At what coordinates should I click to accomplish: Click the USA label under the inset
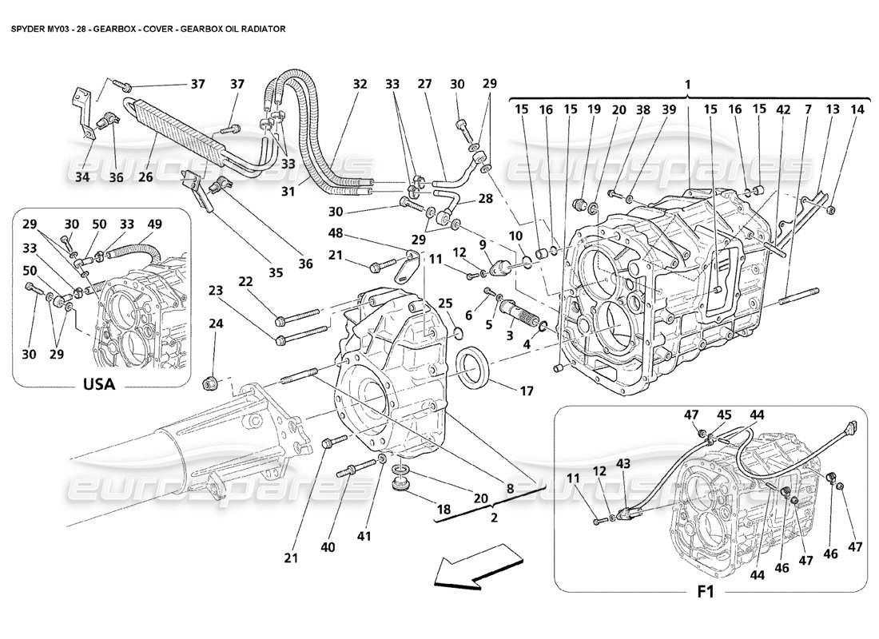coord(99,384)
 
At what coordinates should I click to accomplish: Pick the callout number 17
coord(527,392)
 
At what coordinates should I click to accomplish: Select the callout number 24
coord(215,323)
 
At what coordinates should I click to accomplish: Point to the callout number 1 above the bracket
coord(687,84)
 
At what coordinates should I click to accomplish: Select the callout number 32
coord(360,84)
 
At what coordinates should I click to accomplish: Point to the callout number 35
coord(276,273)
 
